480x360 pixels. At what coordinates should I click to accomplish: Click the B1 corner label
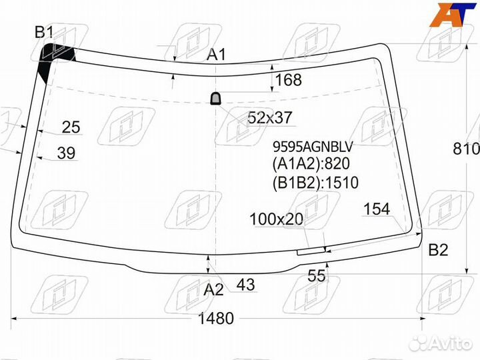[45, 32]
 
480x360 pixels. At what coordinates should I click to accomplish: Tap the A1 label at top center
[216, 55]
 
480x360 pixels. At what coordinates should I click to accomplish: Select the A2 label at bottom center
[214, 289]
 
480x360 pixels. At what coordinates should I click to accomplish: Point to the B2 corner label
[438, 250]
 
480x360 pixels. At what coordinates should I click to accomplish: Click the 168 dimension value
[289, 79]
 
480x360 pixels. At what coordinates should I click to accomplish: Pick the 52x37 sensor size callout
[270, 117]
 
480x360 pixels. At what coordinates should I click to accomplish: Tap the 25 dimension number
[71, 127]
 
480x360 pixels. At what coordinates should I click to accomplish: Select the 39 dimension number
[66, 153]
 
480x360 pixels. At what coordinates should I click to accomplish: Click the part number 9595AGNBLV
[313, 147]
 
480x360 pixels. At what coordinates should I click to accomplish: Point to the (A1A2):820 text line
[311, 163]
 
